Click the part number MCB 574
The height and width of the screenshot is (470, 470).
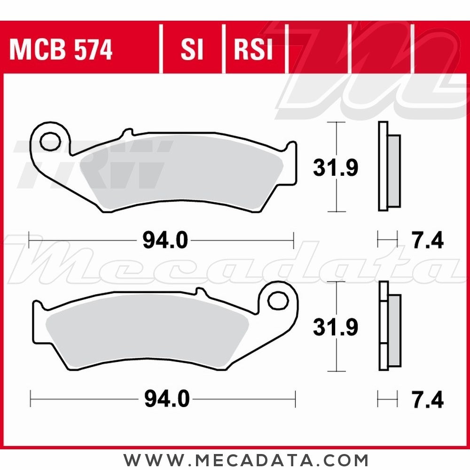[x=61, y=50]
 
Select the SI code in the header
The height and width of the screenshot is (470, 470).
[x=192, y=50]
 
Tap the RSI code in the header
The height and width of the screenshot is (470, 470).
[x=253, y=50]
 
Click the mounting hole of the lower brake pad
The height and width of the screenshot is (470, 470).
[x=277, y=299]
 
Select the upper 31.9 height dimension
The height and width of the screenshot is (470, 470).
[x=336, y=168]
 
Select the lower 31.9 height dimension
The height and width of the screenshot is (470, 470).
[x=336, y=327]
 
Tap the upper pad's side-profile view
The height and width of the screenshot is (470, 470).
[x=389, y=166]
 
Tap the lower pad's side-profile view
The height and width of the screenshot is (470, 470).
[x=389, y=326]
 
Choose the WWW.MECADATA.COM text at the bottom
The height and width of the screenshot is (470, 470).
[x=246, y=459]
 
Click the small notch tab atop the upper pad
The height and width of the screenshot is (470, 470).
[x=125, y=132]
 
